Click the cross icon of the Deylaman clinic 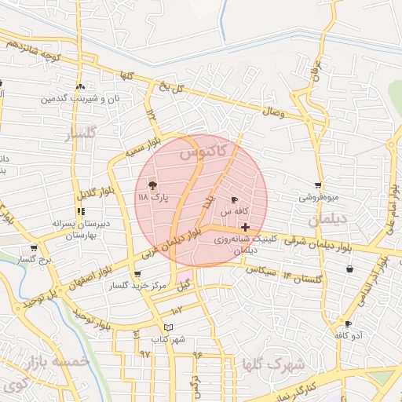click(x=246, y=227)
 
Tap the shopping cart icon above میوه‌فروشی click(x=318, y=186)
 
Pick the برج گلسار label click(x=34, y=259)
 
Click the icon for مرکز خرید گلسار click(x=138, y=274)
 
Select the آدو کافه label click(x=348, y=335)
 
